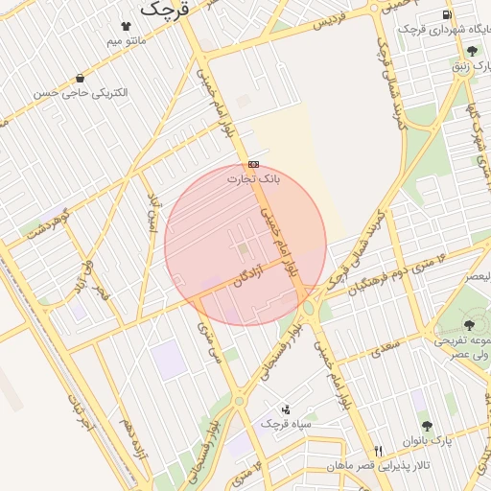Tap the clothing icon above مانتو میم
[126, 26]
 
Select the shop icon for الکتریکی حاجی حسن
[79, 78]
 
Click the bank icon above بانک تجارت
[253, 164]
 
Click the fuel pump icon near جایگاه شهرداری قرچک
[448, 14]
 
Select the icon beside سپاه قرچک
[285, 409]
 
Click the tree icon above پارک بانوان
[427, 425]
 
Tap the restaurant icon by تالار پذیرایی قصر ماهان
[379, 451]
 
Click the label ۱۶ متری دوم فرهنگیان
[394, 272]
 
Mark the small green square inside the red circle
[244, 250]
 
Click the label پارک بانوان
[434, 440]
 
